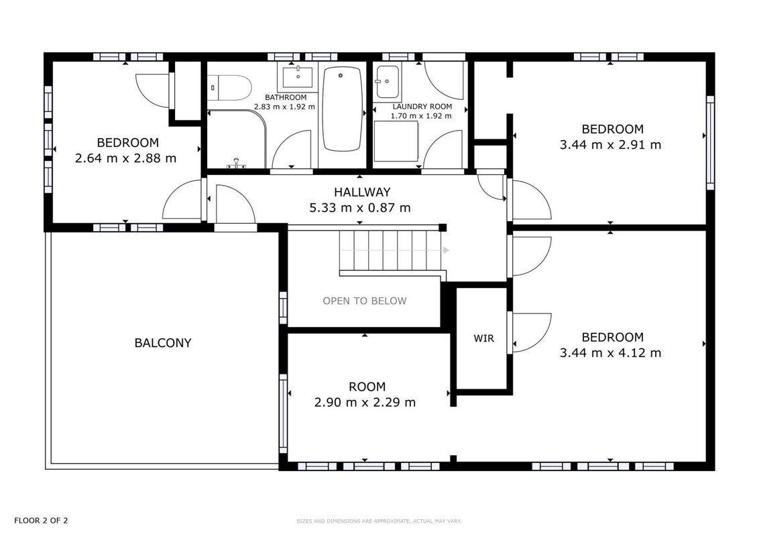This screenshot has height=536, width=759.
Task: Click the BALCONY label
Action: click(x=163, y=343)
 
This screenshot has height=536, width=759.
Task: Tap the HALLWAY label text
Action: click(x=362, y=192)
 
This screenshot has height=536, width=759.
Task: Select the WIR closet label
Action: click(x=484, y=338)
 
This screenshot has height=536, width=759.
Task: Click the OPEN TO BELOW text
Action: click(x=365, y=301)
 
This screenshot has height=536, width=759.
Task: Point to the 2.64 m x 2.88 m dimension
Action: click(x=126, y=158)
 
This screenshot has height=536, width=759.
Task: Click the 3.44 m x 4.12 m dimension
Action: click(x=610, y=352)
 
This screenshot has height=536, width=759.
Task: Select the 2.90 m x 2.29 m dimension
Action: click(x=365, y=402)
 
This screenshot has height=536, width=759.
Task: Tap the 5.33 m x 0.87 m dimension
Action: click(x=360, y=208)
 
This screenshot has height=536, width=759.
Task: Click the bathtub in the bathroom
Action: click(x=342, y=109)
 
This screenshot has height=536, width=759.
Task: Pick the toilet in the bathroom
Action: click(x=230, y=88)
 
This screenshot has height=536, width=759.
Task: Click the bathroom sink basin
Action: click(x=298, y=76)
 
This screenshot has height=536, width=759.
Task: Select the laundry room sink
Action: click(x=388, y=81)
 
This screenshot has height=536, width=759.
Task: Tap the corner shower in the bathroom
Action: click(x=237, y=139)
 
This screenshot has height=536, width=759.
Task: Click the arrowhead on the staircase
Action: click(x=446, y=250)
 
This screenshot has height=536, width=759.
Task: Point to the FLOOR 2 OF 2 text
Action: click(x=41, y=521)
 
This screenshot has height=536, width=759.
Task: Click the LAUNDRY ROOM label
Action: click(x=422, y=107)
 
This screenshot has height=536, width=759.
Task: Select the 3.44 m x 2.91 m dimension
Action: click(x=610, y=145)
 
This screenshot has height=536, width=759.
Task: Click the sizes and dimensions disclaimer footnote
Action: click(x=379, y=521)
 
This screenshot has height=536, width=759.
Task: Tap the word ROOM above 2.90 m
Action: click(x=367, y=387)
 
